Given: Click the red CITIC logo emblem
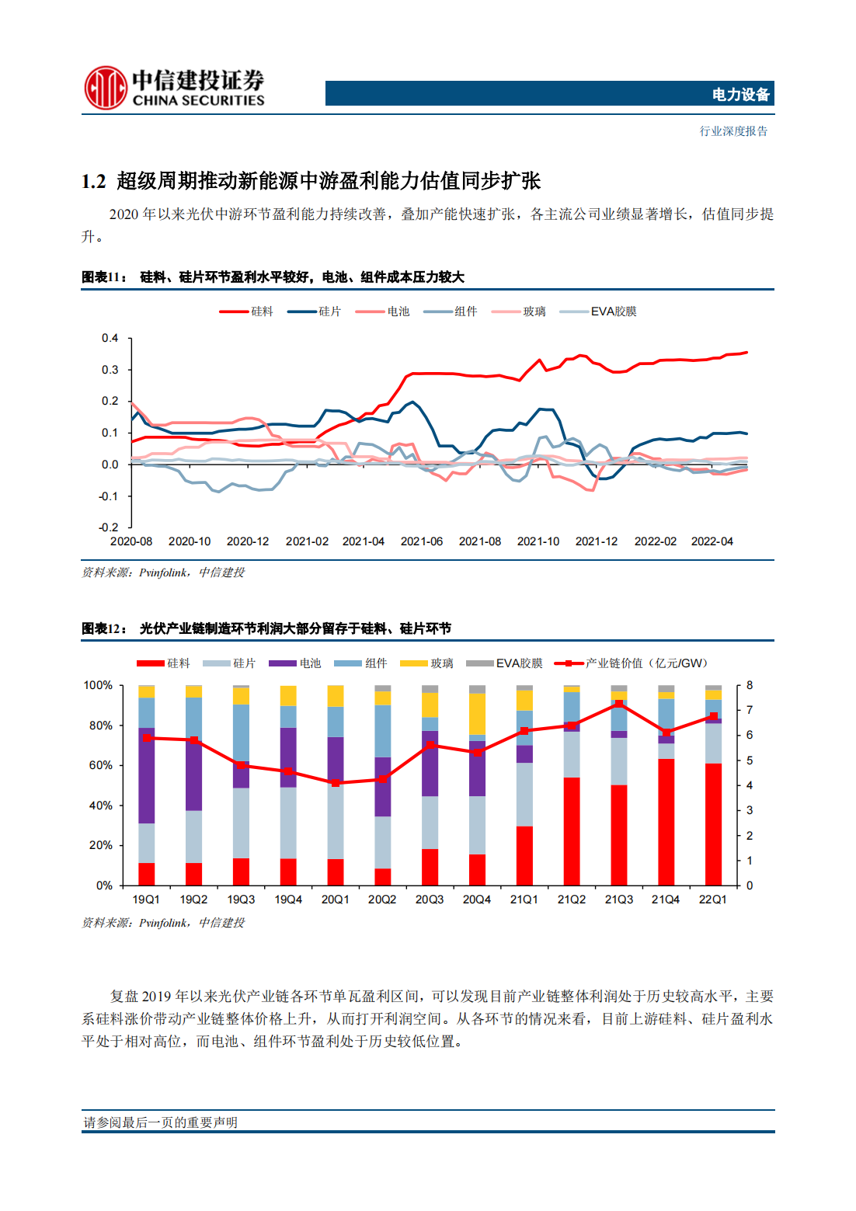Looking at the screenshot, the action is point(106,88).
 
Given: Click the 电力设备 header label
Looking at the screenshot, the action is point(740,95).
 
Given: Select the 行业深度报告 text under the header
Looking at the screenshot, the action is point(733,130).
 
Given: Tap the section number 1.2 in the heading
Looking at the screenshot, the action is point(93,182).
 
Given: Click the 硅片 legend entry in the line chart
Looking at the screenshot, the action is point(314,311).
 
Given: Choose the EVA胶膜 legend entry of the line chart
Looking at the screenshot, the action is point(597,311).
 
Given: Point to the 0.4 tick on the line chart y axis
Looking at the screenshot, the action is point(110,338).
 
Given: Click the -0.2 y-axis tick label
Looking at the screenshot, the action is point(108,527).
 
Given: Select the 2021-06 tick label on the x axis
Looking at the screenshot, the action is point(421,541).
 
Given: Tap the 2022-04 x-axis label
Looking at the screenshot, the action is point(712,541).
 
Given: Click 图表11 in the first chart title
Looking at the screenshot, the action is point(104,277).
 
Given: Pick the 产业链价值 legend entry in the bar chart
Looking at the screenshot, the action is point(631,663).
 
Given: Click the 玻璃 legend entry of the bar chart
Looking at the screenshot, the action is point(426,663).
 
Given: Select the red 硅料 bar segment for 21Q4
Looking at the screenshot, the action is point(666,823).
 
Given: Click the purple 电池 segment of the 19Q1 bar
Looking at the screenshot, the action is point(147,776).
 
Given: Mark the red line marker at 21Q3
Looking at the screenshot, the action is point(618,704).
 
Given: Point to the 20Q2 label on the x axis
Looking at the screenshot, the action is point(381,900).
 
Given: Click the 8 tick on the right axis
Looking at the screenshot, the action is point(749,685).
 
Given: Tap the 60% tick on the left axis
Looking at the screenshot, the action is point(100,765).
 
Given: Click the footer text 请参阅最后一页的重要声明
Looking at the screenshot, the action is point(161,1122).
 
